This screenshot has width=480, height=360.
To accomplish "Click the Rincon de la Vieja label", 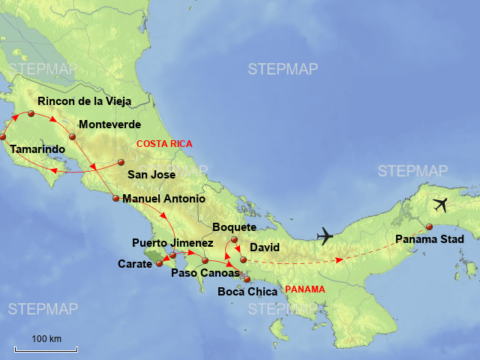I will pyautogui.click(x=84, y=101).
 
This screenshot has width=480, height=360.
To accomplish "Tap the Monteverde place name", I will pyautogui.click(x=109, y=124).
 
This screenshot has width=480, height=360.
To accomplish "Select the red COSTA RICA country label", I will pyautogui.click(x=164, y=144).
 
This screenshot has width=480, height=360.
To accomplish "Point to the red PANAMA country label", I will pyautogui.click(x=305, y=289).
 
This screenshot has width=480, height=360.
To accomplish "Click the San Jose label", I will pyautogui.click(x=151, y=175).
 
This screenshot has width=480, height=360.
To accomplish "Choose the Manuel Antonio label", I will pyautogui.click(x=163, y=199).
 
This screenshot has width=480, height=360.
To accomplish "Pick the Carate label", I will pyautogui.click(x=135, y=264).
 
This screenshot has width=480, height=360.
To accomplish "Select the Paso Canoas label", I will pyautogui.click(x=205, y=273).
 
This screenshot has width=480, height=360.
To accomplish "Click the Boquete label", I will pyautogui.click(x=235, y=227).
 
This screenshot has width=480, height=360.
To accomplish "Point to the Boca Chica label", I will pyautogui.click(x=247, y=292).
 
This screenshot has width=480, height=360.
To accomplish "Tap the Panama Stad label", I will pyautogui.click(x=429, y=240).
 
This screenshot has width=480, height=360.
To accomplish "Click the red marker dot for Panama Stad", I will pyautogui.click(x=429, y=227).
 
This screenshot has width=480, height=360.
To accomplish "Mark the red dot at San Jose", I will pyautogui.click(x=121, y=162).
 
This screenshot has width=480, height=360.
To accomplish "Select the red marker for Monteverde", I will pyautogui.click(x=73, y=136).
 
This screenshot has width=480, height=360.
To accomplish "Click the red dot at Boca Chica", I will pyautogui.click(x=247, y=280).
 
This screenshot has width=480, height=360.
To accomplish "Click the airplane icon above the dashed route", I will pyautogui.click(x=325, y=236).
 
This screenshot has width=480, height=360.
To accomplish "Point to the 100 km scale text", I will pyautogui.click(x=46, y=340).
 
